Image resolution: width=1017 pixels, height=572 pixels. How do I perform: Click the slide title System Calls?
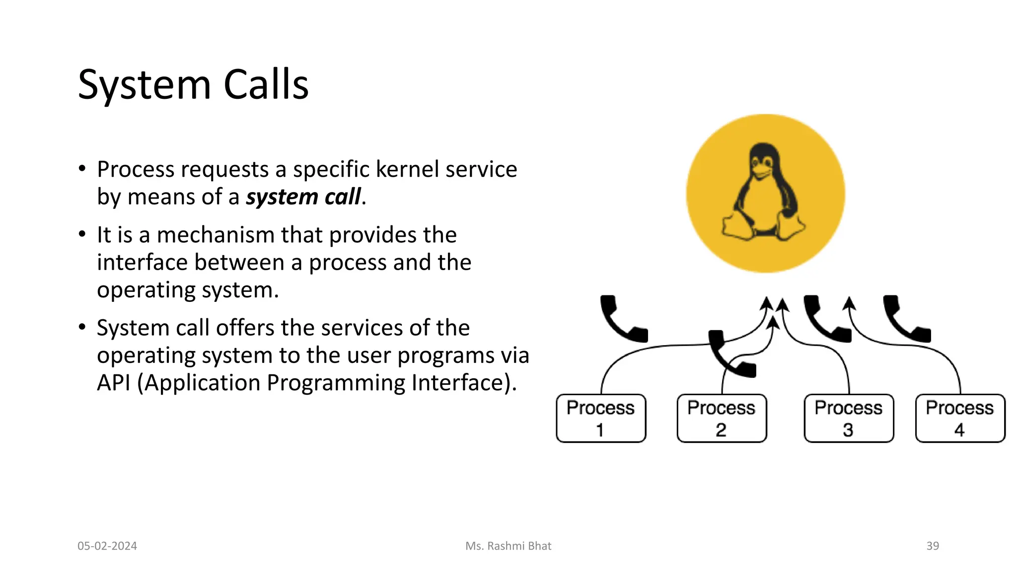coord(193,85)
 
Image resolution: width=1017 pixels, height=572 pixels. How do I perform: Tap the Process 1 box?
coord(600,418)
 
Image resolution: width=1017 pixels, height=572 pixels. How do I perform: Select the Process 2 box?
coord(721,418)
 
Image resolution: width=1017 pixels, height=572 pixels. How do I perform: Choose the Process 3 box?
coord(848,418)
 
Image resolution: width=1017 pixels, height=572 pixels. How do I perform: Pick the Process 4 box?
coord(959,418)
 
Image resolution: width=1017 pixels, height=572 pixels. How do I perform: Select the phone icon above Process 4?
coord(905,319)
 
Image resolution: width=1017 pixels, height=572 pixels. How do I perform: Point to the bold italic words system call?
coord(303,197)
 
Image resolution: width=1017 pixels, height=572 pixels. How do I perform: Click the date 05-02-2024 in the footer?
coord(107,546)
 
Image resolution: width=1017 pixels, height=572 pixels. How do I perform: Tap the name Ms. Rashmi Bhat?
coord(508,546)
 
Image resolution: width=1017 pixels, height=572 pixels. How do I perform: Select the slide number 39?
coord(932,546)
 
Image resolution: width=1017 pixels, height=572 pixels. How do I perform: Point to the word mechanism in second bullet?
coord(215,235)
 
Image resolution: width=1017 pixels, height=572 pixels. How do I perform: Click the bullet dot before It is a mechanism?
coord(82,234)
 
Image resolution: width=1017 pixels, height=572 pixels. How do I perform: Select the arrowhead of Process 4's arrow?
coord(849,302)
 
